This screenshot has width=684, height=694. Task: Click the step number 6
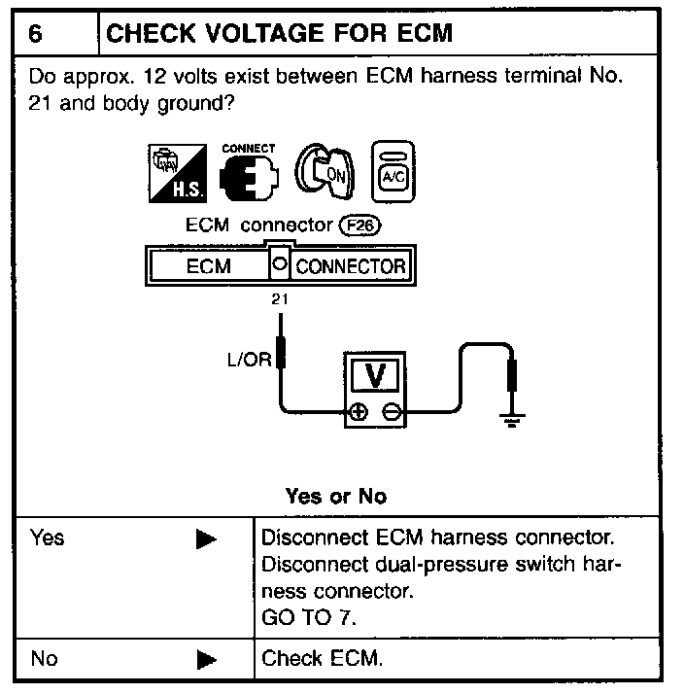35,34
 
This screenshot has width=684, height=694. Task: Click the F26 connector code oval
357,226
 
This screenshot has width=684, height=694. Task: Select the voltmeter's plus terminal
358,411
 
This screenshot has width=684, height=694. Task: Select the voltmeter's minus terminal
390,411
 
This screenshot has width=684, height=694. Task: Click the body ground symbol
509,419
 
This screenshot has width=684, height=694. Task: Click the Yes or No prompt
335,496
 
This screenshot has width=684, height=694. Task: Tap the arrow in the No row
205,660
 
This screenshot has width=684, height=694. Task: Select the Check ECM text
323,659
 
